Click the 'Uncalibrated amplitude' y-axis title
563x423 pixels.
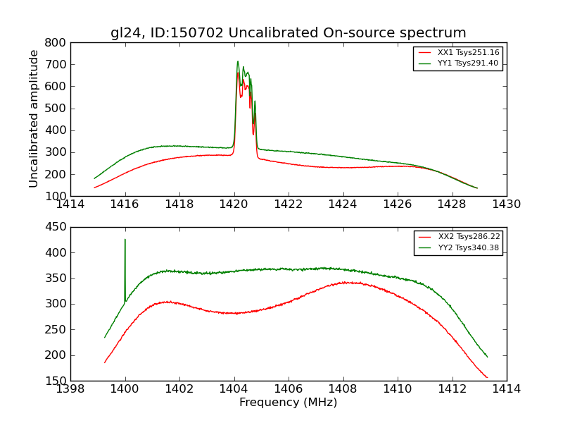click(34, 118)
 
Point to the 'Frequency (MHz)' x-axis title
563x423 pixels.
click(288, 403)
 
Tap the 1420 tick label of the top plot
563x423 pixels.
click(234, 204)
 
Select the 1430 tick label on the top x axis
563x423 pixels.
click(506, 204)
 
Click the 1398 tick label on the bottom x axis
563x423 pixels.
click(70, 389)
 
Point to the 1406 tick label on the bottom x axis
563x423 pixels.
click(288, 389)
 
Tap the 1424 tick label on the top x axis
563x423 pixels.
click(343, 204)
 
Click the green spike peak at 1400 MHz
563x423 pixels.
click(125, 240)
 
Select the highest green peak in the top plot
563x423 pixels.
click(238, 61)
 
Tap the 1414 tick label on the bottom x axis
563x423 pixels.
click(506, 389)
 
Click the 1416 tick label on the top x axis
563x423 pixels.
click(125, 204)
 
